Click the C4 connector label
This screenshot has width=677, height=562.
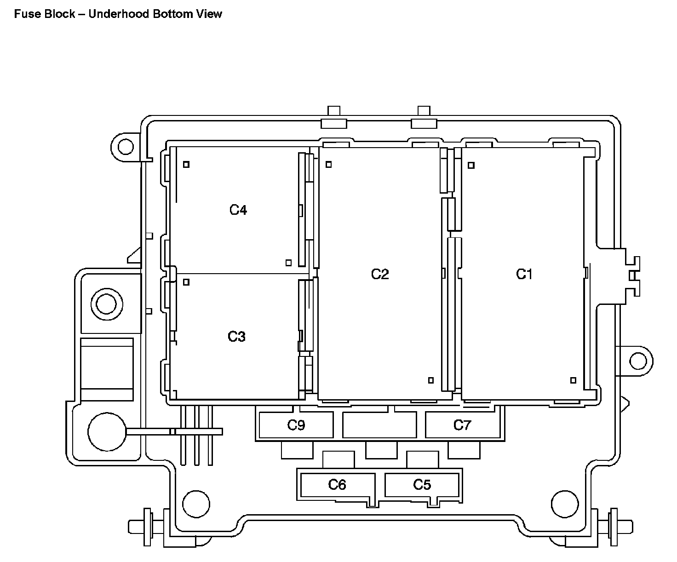pos(238,210)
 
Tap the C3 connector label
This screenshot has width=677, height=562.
pos(237,337)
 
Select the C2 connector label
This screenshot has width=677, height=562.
pos(380,274)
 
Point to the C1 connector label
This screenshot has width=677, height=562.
pos(524,274)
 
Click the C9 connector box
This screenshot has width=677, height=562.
pos(296,425)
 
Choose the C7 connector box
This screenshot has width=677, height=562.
pos(462,425)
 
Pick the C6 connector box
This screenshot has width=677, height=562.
pos(337,485)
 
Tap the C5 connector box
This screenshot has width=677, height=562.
pos(422,485)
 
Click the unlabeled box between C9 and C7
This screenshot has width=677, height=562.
pos(379,425)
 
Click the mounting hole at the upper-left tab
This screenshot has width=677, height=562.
pos(125,147)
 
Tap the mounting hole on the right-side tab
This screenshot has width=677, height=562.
pos(638,361)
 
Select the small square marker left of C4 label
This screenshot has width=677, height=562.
pos(186,164)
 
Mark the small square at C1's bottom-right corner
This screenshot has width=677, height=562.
pos(573,380)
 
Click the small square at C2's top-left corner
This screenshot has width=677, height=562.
pos(329,164)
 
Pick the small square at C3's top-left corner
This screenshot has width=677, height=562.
pos(186,282)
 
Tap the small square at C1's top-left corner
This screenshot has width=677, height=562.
pos(471,165)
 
